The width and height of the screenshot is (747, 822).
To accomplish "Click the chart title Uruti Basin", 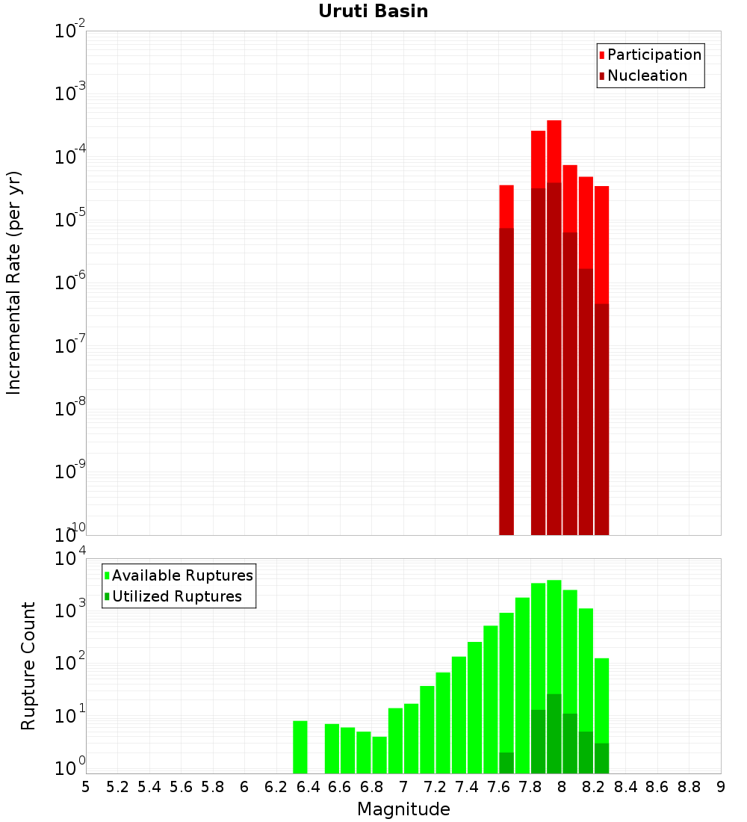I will pos(373,11).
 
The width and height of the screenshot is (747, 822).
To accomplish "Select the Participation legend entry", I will pos(654,55).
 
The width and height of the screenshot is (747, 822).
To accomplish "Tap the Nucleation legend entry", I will pos(647,75).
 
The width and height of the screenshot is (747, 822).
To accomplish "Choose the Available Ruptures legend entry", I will pos(182,575).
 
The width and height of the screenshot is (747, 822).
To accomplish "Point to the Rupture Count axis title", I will pos(28,666).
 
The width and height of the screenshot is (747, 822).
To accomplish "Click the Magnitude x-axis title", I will pos(403,809).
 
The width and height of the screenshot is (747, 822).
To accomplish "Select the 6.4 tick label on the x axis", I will pos(308,787).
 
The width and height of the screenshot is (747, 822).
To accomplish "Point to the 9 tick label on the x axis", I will pos(721,787).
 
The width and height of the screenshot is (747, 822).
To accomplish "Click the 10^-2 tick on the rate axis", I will pos(70,31).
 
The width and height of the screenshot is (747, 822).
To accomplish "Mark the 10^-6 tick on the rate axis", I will pos(70,282).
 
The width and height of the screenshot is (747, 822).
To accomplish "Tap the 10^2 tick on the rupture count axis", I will pos(70,663).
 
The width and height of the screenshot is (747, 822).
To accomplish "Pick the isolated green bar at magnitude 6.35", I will pos(300,747).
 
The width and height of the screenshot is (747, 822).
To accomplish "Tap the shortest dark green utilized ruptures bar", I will pos(506,762).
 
